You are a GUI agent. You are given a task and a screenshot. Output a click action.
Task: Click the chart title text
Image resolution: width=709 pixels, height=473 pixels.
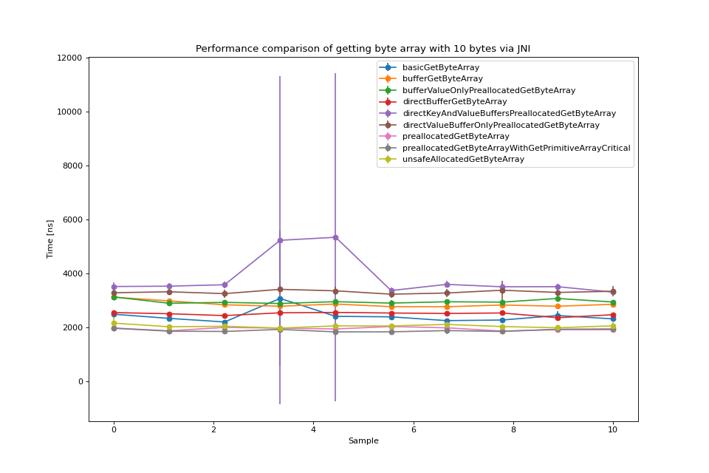click(x=363, y=49)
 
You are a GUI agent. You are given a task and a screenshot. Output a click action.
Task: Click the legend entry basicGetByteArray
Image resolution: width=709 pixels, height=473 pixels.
click(x=440, y=67)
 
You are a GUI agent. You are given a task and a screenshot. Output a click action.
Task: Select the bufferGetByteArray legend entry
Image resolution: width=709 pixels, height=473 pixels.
click(x=442, y=79)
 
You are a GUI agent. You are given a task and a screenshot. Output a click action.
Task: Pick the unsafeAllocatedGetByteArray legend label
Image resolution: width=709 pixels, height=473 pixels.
click(x=463, y=160)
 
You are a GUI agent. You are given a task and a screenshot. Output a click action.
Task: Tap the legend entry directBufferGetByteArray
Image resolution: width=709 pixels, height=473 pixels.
click(x=454, y=102)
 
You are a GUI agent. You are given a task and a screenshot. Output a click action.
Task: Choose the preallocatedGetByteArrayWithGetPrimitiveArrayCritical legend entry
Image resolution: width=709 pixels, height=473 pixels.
click(x=516, y=148)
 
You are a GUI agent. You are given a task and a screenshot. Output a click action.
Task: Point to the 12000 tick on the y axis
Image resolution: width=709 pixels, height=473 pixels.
click(x=70, y=58)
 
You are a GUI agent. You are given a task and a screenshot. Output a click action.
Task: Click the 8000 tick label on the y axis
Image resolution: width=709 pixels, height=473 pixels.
click(x=72, y=166)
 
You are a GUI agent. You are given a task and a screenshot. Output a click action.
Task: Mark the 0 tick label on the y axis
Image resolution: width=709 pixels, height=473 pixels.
click(x=81, y=381)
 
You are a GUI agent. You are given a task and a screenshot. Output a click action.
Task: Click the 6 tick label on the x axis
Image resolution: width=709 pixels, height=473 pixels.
click(x=414, y=429)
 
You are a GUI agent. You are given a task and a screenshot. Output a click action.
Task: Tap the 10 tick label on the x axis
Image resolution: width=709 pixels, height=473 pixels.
click(x=613, y=429)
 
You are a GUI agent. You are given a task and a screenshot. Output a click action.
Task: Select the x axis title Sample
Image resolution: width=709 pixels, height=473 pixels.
click(x=363, y=441)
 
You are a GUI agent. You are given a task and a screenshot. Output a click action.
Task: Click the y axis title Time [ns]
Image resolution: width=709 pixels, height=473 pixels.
click(x=50, y=239)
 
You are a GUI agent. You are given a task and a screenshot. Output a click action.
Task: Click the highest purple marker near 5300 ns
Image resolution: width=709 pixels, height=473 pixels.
click(x=335, y=237)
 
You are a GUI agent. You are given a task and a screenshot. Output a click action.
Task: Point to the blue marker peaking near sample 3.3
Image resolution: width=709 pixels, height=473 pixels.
click(x=280, y=299)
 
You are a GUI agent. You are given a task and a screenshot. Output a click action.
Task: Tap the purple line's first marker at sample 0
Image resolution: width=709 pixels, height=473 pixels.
click(x=114, y=287)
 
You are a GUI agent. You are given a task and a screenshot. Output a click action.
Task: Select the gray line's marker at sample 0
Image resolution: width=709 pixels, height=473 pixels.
click(x=114, y=328)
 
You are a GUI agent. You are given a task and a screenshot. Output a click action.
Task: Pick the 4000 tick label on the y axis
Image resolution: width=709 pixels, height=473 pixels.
click(x=72, y=273)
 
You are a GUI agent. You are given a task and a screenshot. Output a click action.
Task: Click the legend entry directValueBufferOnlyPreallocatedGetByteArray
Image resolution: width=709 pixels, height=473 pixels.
click(x=501, y=125)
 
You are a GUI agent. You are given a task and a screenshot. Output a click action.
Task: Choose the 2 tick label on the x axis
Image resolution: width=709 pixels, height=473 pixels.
click(x=213, y=429)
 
